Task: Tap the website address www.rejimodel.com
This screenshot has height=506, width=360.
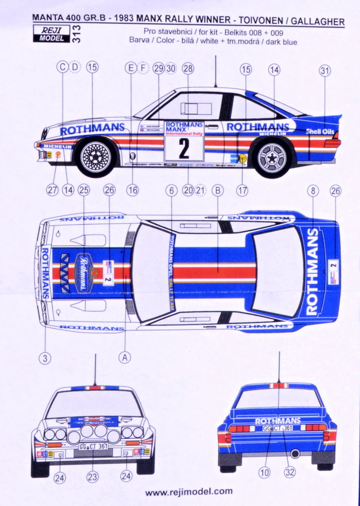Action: (x=189, y=491)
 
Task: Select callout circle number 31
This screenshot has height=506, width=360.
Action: (x=325, y=71)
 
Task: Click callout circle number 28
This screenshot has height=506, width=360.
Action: (x=188, y=68)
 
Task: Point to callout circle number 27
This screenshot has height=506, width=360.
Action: (x=52, y=190)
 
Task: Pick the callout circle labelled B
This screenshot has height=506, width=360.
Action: (x=218, y=191)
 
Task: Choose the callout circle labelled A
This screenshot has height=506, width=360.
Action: (x=125, y=357)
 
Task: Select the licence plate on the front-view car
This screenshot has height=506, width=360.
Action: (x=93, y=447)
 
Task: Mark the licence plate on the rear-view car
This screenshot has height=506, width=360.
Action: (x=277, y=428)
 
